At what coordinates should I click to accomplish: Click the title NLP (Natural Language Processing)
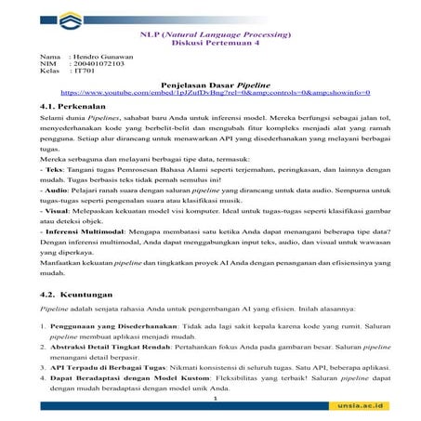214,33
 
